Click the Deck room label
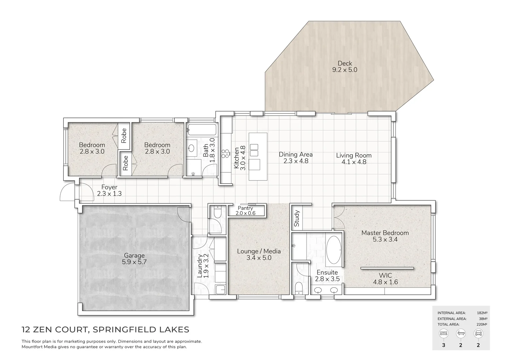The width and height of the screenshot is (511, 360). pyautogui.click(x=345, y=63)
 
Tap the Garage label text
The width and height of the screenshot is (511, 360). pyautogui.click(x=134, y=256)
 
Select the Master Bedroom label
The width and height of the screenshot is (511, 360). pyautogui.click(x=385, y=233)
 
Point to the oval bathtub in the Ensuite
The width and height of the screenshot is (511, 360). pyautogui.click(x=334, y=250)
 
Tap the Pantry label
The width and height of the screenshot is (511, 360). pyautogui.click(x=245, y=208)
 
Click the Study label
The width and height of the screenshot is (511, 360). pyautogui.click(x=297, y=218)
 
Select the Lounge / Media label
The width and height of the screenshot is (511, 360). pyautogui.click(x=259, y=251)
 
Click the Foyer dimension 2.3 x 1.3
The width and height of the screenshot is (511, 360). pyautogui.click(x=109, y=193)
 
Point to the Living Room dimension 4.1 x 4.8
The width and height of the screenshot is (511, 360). pyautogui.click(x=354, y=162)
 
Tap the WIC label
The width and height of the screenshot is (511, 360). pyautogui.click(x=385, y=275)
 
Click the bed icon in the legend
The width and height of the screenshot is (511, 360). pyautogui.click(x=444, y=333)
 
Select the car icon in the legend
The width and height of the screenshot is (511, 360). pyautogui.click(x=478, y=333)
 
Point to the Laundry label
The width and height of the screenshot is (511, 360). pyautogui.click(x=200, y=266)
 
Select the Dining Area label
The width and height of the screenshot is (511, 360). pyautogui.click(x=296, y=154)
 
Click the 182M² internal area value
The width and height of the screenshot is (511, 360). pyautogui.click(x=482, y=313)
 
